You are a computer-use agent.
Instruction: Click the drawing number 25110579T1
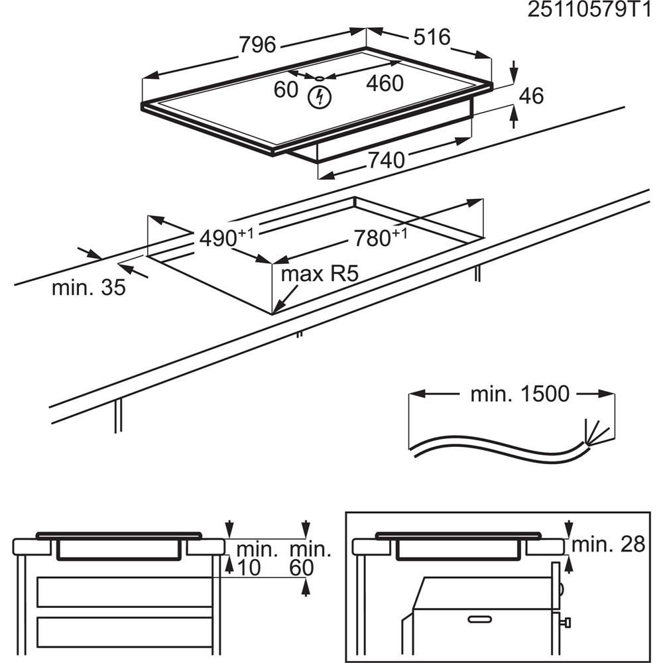(x=594, y=11)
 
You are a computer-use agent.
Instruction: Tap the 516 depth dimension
(x=432, y=37)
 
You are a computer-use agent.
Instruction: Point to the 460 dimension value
(x=385, y=84)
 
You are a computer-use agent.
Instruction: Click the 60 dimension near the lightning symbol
(x=286, y=89)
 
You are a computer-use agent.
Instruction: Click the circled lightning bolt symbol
(x=320, y=97)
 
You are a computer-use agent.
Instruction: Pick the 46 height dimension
(x=530, y=96)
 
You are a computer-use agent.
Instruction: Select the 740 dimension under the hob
(x=386, y=160)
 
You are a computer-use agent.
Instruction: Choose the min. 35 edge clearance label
(x=89, y=288)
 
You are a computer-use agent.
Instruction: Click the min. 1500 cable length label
(x=520, y=394)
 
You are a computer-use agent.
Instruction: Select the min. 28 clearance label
(x=608, y=545)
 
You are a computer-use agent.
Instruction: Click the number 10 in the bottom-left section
(x=248, y=568)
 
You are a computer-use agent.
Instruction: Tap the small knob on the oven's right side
(x=567, y=622)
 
